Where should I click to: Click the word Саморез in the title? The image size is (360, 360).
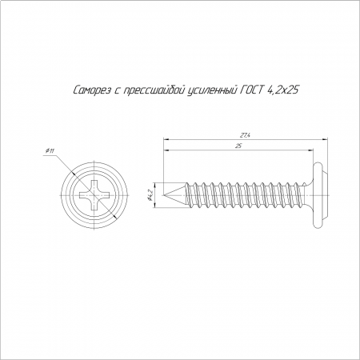(92, 90)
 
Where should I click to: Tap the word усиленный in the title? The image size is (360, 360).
(212, 90)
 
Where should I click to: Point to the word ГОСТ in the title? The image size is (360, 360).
(251, 90)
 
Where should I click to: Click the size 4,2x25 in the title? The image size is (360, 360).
(282, 90)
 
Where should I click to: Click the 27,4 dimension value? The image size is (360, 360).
(245, 135)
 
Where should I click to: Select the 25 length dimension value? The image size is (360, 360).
(238, 146)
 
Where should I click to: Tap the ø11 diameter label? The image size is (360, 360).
(50, 151)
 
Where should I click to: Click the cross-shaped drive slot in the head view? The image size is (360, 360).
(94, 195)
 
